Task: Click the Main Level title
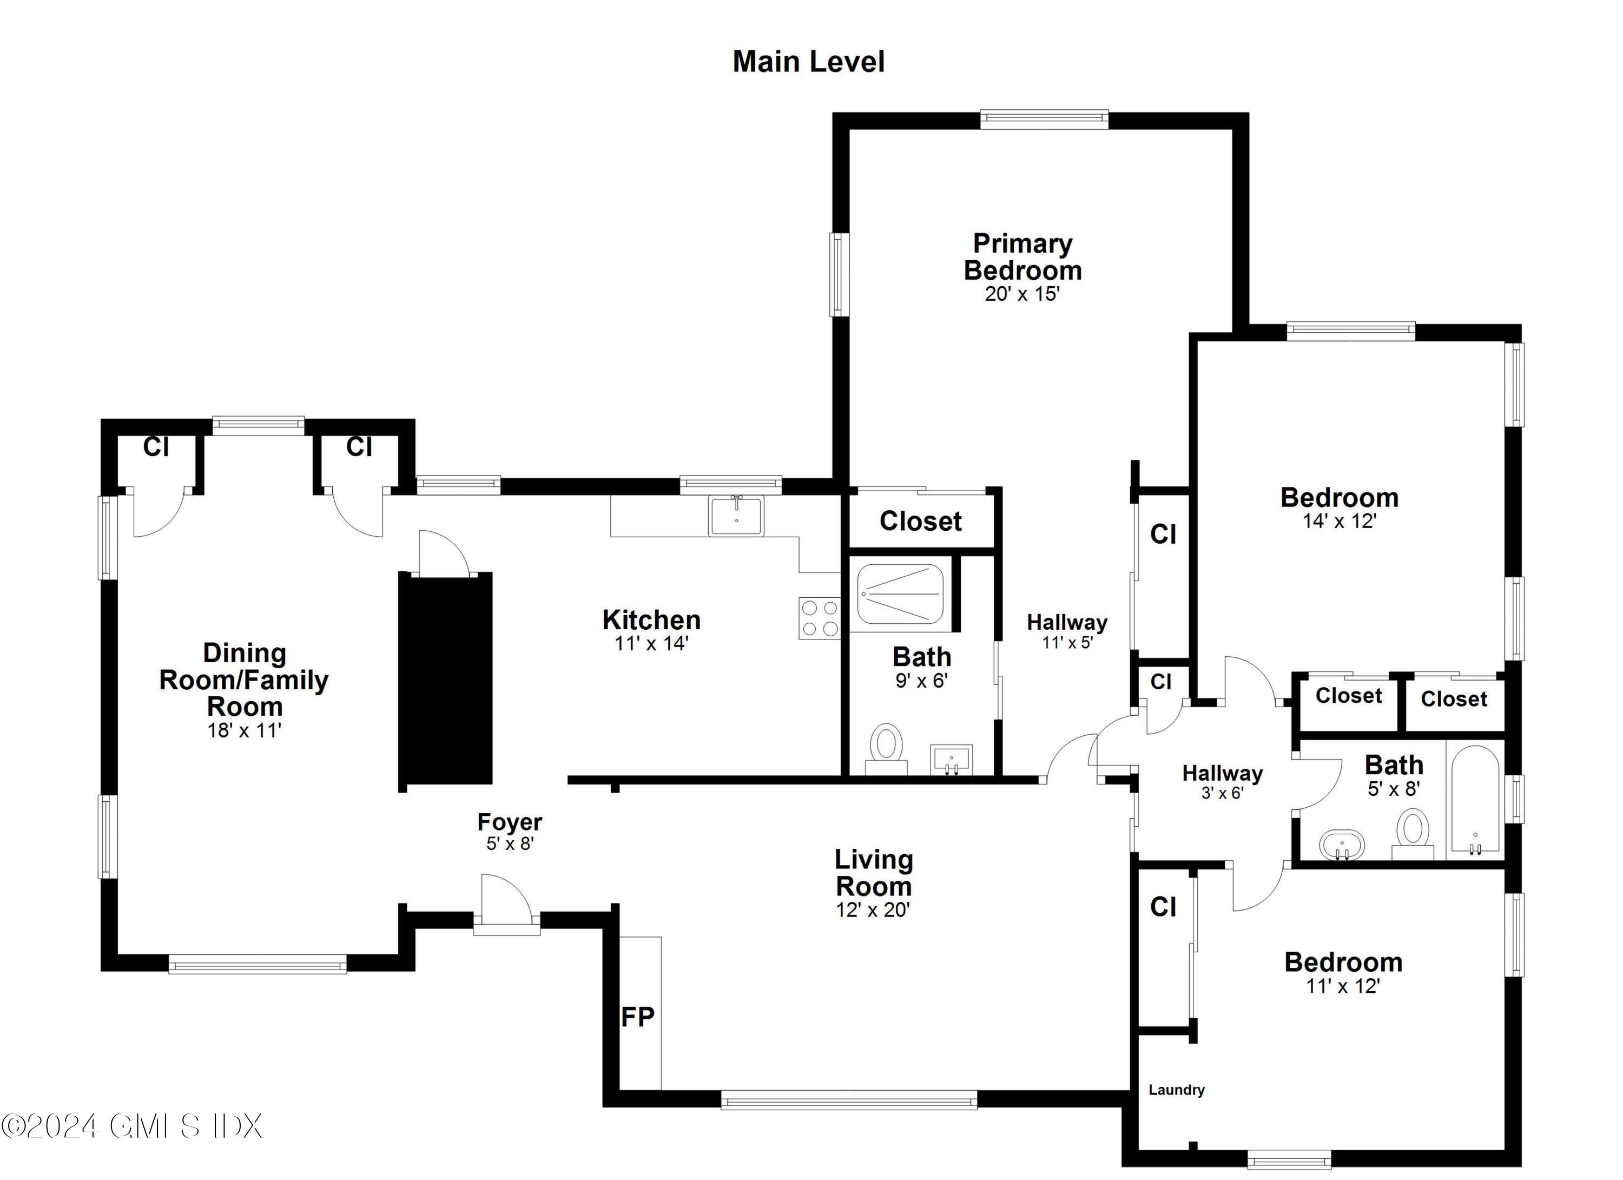809,62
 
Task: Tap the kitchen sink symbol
736,515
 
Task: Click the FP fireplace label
637,1017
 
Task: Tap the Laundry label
1177,1090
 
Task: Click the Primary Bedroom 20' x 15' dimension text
1022,294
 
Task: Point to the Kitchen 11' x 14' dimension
651,643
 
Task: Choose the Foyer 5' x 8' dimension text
510,843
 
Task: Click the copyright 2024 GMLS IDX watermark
133,1125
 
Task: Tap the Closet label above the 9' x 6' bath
920,521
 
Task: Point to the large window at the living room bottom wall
849,1100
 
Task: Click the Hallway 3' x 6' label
1222,781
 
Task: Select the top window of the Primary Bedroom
1044,120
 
